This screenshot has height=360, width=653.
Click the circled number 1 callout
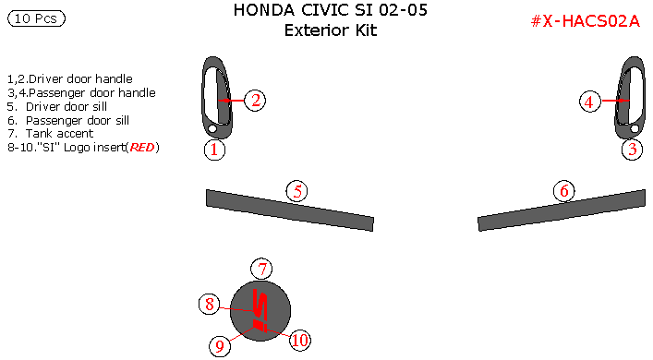pos(214,150)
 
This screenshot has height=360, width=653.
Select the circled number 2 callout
pos(256,100)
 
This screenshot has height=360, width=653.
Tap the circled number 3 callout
pos(632,150)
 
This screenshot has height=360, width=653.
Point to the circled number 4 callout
pos(590,102)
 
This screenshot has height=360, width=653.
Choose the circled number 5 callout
pos(296,191)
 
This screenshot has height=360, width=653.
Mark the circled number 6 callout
pos(564,191)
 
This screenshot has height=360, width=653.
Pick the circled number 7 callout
pos(262,270)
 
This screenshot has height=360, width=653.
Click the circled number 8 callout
pos(211,304)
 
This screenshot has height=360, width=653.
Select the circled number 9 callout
pos(220,345)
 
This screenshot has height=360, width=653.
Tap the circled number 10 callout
pos(298,340)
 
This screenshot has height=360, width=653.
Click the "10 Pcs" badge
pos(36,18)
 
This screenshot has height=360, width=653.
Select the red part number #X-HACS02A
pos(585,21)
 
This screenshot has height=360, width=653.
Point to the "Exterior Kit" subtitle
pos(331,30)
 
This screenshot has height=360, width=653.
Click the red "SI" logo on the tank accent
pos(261,312)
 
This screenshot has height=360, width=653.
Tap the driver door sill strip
pos(289,210)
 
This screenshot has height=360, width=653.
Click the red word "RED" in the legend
pos(141,148)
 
